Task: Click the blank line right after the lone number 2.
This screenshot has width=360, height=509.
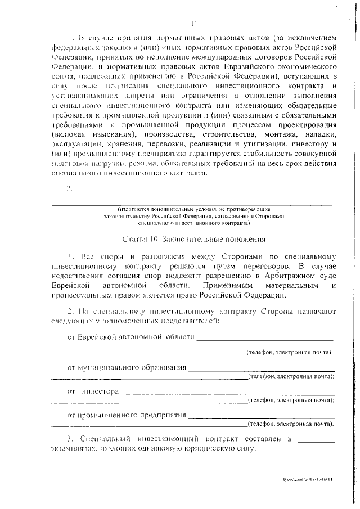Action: [x=202, y=190]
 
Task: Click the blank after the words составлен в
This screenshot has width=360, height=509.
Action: [x=316, y=439]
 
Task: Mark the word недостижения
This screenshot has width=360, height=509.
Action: [x=79, y=275]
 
